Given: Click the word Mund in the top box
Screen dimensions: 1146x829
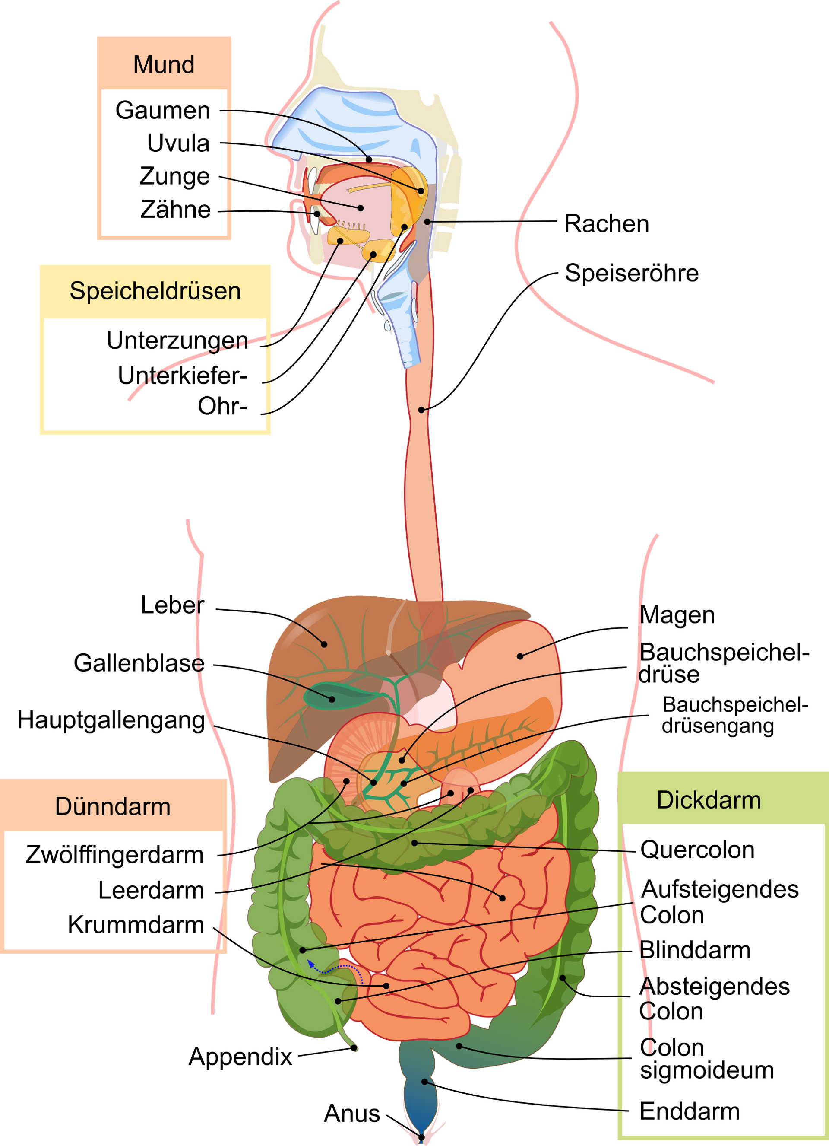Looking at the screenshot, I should [164, 65].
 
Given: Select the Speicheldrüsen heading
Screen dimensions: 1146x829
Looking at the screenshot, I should [155, 291].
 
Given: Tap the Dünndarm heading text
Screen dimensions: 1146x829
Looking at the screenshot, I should [113, 806].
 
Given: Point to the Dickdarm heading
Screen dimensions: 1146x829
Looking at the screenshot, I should [709, 800].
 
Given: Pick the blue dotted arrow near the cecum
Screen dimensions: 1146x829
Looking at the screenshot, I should [336, 968].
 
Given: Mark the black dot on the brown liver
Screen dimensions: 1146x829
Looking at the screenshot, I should [324, 644].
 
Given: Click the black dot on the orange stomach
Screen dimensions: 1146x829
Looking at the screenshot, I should [519, 656].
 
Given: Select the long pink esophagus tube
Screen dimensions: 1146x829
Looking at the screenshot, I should [423, 480].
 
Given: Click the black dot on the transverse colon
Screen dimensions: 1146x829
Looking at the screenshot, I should [414, 843].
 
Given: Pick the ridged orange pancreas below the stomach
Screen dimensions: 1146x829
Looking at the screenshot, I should [485, 743].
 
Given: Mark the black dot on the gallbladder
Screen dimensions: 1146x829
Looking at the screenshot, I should [332, 699].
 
